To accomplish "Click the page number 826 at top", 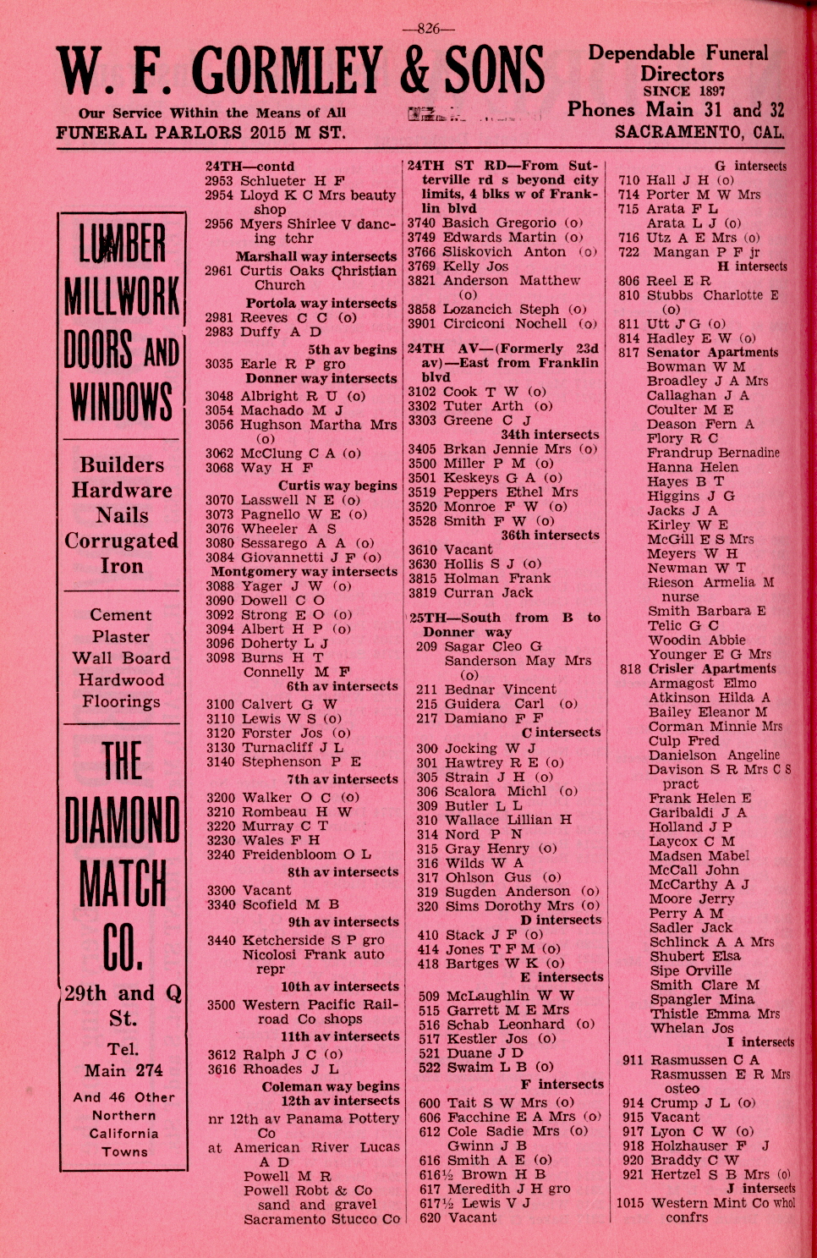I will [428, 29].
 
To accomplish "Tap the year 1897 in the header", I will [709, 91].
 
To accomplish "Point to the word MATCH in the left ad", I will [122, 884].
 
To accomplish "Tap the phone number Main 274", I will [123, 1070].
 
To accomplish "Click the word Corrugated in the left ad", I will [122, 541].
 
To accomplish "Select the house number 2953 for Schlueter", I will [220, 181].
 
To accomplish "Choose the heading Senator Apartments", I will [712, 353].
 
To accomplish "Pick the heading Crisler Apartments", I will [712, 668].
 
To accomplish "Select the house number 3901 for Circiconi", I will [422, 324].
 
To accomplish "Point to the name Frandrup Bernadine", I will [713, 453].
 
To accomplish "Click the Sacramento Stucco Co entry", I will [321, 1219].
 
